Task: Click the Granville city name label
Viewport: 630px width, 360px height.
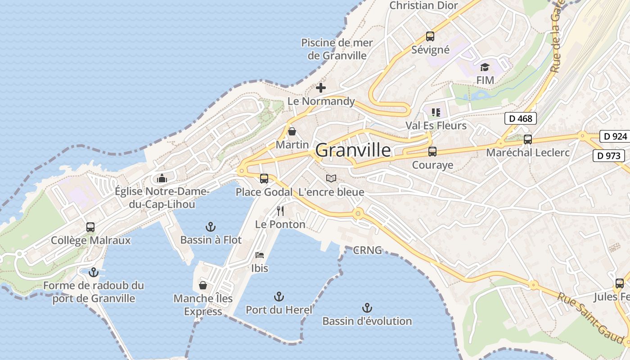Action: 353,150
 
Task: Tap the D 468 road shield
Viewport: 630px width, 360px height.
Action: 521,119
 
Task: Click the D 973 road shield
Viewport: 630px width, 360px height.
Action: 609,156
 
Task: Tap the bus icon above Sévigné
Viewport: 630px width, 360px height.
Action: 430,36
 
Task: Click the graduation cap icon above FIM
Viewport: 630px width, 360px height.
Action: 485,67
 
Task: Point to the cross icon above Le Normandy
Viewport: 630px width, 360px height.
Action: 321,88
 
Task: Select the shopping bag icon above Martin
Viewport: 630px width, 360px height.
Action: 292,131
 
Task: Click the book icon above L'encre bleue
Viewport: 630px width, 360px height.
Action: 331,179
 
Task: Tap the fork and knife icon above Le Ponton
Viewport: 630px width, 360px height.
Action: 280,211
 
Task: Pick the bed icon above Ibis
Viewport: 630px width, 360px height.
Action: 260,255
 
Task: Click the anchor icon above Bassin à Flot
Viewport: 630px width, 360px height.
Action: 210,226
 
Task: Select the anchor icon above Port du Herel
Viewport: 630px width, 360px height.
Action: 279,297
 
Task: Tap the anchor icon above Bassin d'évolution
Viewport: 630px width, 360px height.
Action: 367,308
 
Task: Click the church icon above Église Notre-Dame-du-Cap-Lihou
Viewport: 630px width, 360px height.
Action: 162,178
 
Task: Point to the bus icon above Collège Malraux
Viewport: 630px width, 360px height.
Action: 90,227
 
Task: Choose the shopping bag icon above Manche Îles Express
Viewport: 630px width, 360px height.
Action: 203,285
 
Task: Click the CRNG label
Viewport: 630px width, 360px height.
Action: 367,250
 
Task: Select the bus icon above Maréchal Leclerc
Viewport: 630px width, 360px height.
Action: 528,139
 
